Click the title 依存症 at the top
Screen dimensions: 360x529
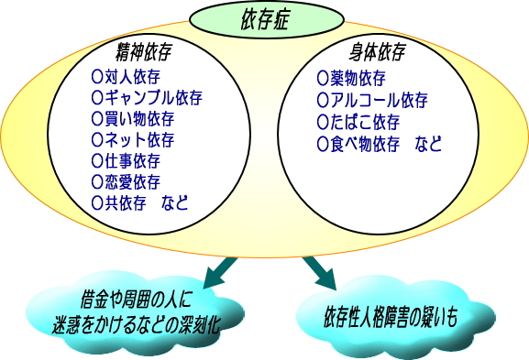tap(263, 19)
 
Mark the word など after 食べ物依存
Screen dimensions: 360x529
tap(427, 144)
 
